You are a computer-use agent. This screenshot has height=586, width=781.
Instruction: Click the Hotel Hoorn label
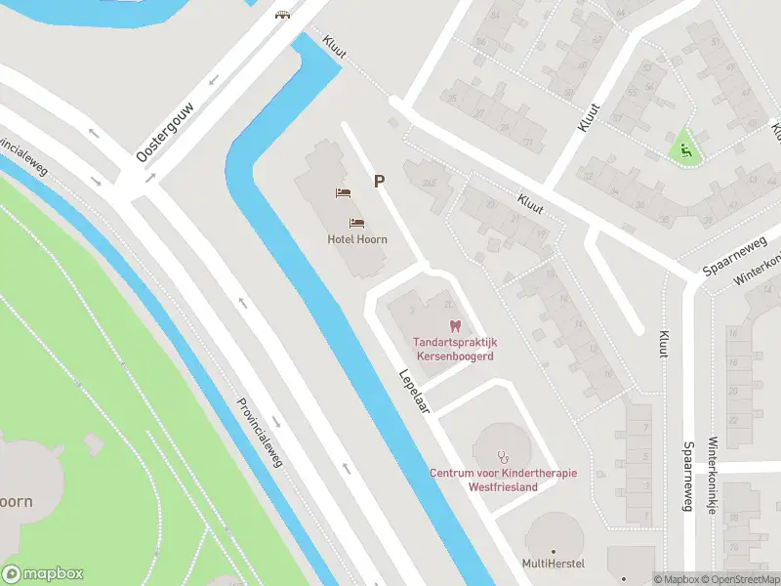[x=357, y=239]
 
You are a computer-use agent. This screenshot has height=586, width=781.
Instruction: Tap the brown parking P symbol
[x=379, y=181]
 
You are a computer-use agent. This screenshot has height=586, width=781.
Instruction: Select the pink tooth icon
[x=453, y=325]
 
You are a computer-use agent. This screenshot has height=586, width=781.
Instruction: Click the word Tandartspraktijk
[x=455, y=343]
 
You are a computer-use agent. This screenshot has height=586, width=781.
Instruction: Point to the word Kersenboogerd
[x=455, y=356]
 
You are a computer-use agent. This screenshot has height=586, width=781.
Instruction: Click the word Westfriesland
[x=503, y=486]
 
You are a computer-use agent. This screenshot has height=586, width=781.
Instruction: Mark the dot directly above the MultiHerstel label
[x=553, y=549]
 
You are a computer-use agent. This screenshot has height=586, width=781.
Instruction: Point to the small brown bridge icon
[x=283, y=15]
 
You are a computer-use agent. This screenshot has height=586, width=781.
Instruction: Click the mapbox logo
[x=43, y=574]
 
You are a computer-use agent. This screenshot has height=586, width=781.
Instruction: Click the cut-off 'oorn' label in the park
[x=16, y=501]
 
